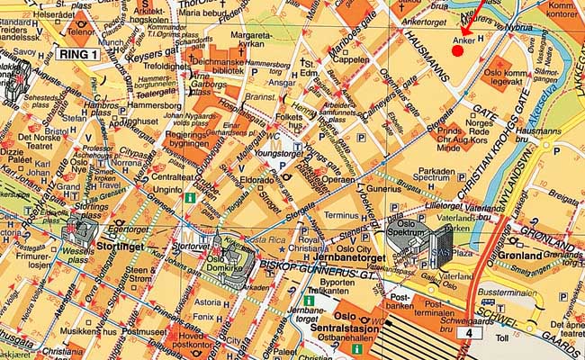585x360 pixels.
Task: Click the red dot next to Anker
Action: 457,50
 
